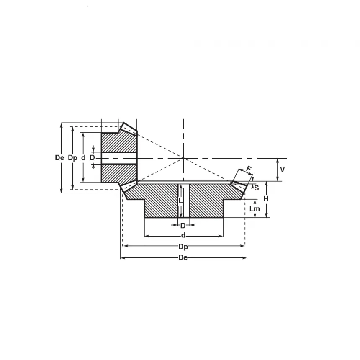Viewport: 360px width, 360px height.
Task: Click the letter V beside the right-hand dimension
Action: (x=282, y=170)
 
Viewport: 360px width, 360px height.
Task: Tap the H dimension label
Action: (x=266, y=199)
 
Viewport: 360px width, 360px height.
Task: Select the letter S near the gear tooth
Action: (x=256, y=188)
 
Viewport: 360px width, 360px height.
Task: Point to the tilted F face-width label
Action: (x=248, y=169)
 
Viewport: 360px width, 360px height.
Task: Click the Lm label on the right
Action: (x=254, y=208)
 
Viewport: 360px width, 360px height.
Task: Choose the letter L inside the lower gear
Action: (x=180, y=201)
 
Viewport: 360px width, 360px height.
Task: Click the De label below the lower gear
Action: (x=183, y=257)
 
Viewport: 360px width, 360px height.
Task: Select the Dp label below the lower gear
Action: (x=183, y=246)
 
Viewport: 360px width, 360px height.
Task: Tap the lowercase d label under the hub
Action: (x=183, y=236)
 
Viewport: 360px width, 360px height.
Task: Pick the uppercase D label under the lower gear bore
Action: (x=183, y=226)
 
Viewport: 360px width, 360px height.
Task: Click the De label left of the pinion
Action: (x=60, y=158)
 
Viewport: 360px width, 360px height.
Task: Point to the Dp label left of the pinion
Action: (x=72, y=158)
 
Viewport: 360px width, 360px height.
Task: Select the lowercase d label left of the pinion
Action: (x=83, y=158)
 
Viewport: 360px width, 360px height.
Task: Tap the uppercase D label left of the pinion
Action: (x=92, y=158)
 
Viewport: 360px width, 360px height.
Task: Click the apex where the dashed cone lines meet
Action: (x=183, y=158)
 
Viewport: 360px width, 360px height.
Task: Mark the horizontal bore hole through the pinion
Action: (x=119, y=158)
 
